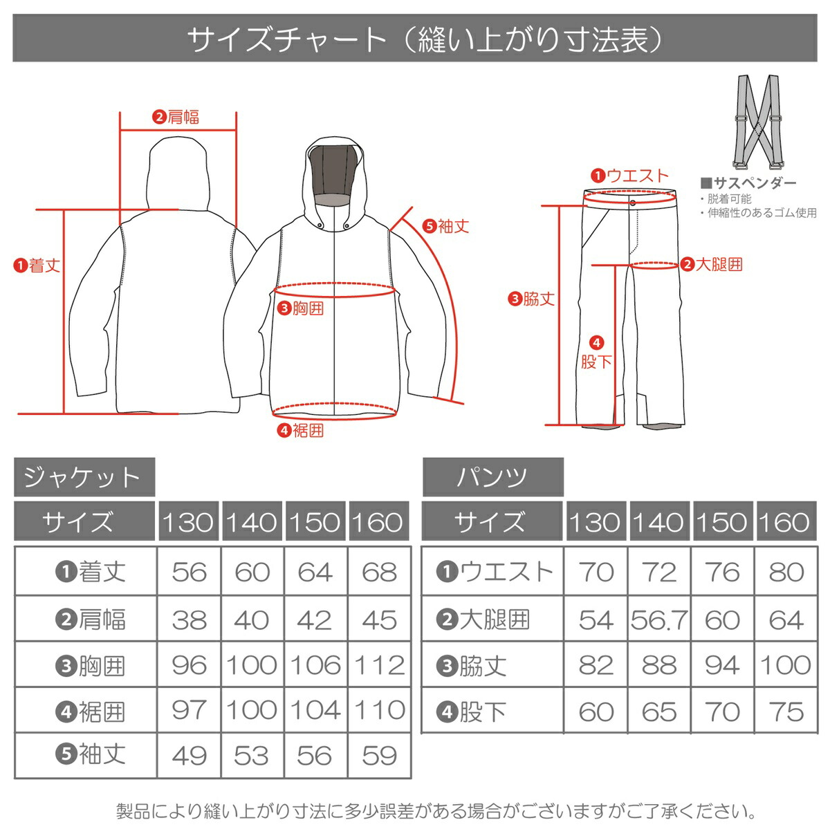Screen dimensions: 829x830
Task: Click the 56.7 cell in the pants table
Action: (659, 620)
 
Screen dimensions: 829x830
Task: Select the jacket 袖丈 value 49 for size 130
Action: (189, 756)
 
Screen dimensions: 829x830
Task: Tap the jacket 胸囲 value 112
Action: (379, 665)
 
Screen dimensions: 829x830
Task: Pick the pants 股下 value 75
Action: (786, 711)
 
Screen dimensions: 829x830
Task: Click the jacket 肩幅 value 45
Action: (379, 620)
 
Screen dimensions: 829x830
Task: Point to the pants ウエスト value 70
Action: (596, 572)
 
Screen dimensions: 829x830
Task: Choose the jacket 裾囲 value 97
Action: (189, 710)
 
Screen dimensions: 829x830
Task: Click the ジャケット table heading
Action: (84, 477)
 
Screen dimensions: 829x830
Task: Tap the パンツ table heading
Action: (492, 477)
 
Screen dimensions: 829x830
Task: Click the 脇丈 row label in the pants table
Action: (473, 666)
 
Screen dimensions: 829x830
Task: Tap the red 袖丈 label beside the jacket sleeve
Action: (445, 225)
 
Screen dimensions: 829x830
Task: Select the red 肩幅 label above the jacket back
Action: (176, 118)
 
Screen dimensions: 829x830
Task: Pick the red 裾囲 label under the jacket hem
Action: (301, 431)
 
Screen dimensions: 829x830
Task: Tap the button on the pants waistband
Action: (632, 203)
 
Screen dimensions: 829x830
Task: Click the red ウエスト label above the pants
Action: (630, 176)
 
